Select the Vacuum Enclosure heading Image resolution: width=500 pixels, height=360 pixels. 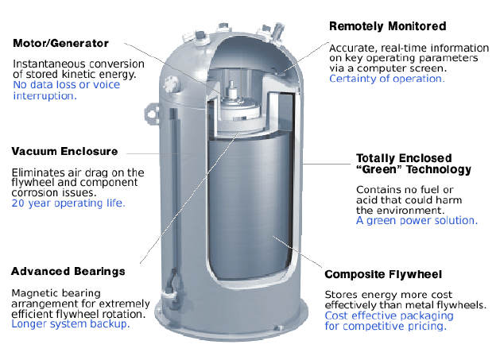point(64,151)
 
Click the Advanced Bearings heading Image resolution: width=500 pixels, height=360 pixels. point(68,271)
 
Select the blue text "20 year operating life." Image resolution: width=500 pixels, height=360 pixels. point(67,203)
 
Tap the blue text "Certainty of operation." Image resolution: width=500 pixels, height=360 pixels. point(386,79)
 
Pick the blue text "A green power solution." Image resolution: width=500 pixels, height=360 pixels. point(417,220)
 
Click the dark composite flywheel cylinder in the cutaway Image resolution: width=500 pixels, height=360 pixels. point(263,215)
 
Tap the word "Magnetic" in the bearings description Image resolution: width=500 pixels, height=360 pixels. point(35,292)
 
